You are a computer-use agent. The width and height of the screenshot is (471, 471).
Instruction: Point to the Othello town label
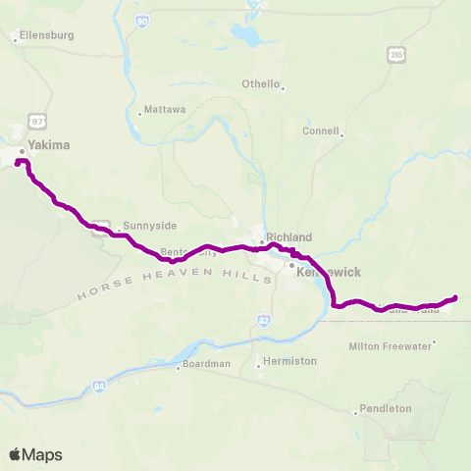coord(261,83)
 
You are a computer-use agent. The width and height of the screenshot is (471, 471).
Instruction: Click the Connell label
coord(321,131)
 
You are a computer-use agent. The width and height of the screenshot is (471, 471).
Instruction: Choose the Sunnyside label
coord(141,224)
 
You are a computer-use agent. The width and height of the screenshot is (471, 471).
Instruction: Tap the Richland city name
coord(288,237)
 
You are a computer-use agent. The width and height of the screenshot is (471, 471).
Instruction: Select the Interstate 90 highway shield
coord(142,20)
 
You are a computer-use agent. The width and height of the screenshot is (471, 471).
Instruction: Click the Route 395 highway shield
coord(394,57)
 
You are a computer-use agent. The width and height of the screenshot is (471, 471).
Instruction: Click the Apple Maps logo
coord(35,454)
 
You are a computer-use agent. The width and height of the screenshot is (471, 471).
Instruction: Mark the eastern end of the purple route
coord(454,297)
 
